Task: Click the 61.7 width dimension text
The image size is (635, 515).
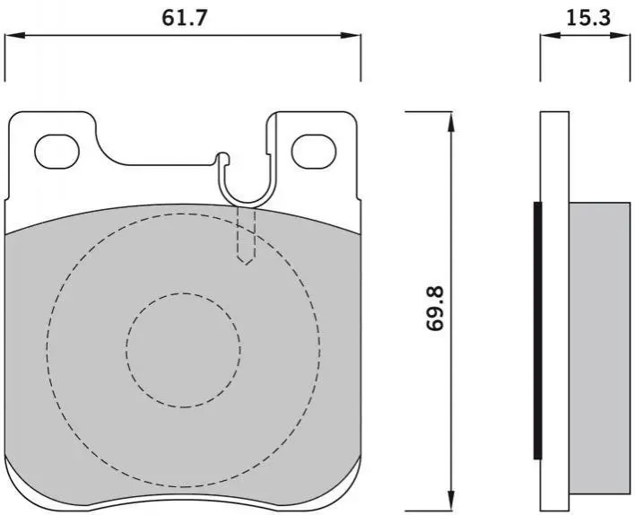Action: click(185, 18)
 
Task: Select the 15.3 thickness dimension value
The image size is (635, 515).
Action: click(588, 17)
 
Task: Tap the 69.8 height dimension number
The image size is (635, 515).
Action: click(436, 309)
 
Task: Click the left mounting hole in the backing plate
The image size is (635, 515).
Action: click(57, 152)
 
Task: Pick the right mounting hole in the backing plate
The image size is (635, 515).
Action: click(314, 152)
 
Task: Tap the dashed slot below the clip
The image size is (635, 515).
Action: click(246, 236)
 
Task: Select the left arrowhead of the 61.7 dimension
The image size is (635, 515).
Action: click(14, 36)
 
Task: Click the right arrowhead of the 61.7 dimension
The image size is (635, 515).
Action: click(351, 36)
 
